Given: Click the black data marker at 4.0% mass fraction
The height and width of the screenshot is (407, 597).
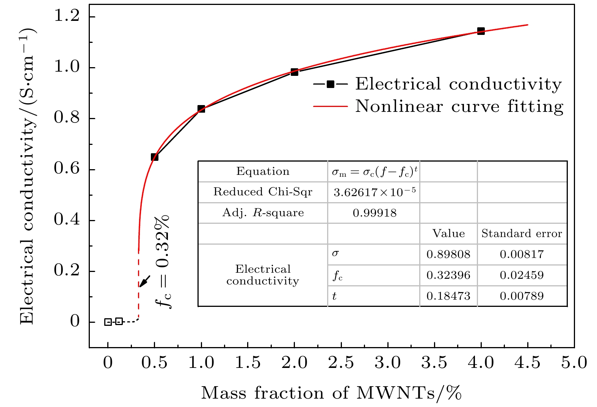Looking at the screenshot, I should coord(481,31).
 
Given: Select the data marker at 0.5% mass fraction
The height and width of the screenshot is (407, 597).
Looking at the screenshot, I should coord(155,157).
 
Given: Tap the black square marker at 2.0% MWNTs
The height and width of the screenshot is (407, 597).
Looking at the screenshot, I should coord(295,72).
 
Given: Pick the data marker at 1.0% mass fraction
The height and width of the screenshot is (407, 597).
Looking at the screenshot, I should coord(201,109).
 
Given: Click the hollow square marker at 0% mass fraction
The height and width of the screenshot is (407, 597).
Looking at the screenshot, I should coord(108,322).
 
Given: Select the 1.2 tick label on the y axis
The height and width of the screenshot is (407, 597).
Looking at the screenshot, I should coord(67,17).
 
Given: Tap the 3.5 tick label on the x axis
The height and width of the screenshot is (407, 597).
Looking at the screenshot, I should coord(434,363).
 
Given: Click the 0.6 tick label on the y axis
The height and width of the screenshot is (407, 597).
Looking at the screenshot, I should coord(67,170).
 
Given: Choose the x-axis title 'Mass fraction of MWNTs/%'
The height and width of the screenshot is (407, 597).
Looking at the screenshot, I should coord(331,393).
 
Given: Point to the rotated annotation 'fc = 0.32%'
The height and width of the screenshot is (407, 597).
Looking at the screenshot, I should coord(163,262).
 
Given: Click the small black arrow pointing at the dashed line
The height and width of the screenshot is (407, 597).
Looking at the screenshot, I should coord(144,281).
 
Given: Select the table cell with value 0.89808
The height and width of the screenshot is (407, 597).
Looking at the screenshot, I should coord(448,255).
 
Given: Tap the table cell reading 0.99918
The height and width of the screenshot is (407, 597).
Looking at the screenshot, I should coord(374,213).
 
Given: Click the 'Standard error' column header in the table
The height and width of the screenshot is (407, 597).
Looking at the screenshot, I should coord(522,234).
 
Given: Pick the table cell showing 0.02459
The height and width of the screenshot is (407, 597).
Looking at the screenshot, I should coord(522,275).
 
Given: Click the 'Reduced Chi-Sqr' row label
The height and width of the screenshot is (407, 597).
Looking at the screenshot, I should coord(263,192).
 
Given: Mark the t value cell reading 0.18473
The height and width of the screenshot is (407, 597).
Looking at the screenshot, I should coord(448,296).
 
